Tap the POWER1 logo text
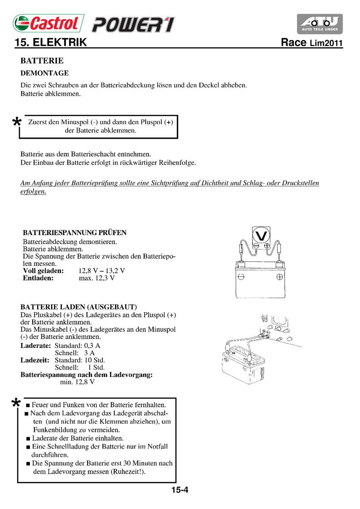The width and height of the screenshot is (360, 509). [x=132, y=24]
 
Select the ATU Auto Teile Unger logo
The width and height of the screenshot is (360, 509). [x=320, y=24]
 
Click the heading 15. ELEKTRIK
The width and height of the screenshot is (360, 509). [x=50, y=43]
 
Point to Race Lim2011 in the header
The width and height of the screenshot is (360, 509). [x=311, y=44]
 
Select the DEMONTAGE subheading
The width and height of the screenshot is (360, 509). [x=44, y=73]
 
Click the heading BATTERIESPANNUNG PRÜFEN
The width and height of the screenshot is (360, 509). [x=75, y=233]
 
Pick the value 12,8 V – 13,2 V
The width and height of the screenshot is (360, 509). [x=102, y=271]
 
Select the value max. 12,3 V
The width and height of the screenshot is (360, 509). [x=97, y=278]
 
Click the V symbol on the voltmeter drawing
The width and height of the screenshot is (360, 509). [x=261, y=235]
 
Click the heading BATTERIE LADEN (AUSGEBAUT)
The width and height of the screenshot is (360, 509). [x=79, y=307]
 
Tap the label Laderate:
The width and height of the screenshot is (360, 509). [x=36, y=346]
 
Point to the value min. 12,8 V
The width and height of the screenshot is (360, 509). [x=77, y=382]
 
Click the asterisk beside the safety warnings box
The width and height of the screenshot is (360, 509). [x=16, y=403]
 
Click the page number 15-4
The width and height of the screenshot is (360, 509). [x=180, y=490]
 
